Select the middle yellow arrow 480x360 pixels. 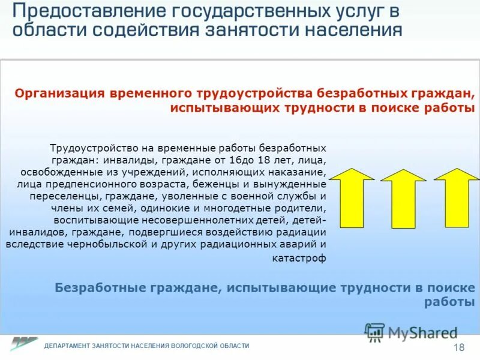[403, 198]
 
